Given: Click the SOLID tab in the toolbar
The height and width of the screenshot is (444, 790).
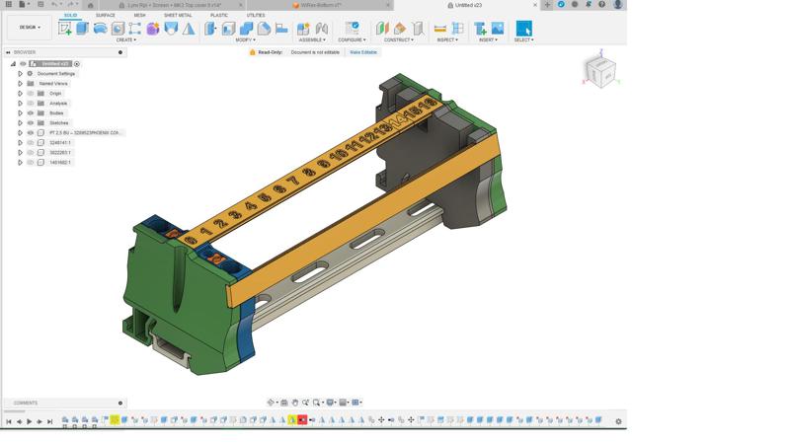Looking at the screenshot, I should coord(70,15).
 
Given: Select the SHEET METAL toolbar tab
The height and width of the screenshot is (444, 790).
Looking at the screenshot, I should coord(178,15).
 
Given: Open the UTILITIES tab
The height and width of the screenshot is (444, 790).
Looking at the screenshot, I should coord(255,15).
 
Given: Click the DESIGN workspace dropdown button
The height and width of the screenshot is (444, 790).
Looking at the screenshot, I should coord(28,28).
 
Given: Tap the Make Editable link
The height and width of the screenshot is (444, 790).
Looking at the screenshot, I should coord(362,52).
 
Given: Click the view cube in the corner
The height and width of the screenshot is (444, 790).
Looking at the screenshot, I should coord(599,72).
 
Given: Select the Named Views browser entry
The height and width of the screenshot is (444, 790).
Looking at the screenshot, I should coord(53,84).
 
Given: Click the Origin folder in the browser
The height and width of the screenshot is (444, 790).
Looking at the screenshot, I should coord(55,94).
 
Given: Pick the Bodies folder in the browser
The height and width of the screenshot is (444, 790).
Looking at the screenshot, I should coord(57,113).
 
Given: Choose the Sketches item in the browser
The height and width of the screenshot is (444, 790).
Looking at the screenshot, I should coord(59,123).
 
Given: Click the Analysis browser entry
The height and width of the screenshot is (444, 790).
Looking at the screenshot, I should coord(58,104).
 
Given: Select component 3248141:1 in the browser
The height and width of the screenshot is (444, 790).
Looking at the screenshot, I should coord(60,143).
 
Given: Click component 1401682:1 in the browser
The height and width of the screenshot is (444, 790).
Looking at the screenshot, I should coord(60,163).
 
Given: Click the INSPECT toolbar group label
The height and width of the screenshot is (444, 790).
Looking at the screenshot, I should coord(447,40).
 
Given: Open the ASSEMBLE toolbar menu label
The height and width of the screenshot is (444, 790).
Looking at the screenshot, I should coord(312,40).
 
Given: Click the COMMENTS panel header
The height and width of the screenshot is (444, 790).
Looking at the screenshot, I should coord(26,403).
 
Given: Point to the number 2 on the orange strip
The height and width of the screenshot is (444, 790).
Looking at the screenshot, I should coord(219,224).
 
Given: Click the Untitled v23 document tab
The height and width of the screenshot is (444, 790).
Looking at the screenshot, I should coord(470,5).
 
